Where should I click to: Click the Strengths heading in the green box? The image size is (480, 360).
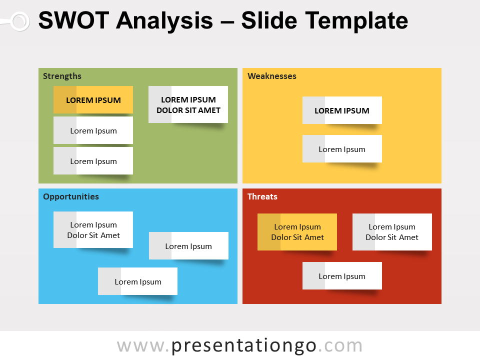[62, 76]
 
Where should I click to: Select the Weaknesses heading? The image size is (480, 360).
[272, 76]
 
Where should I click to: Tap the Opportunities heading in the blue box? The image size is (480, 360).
[71, 196]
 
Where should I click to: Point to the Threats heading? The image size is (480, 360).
[262, 196]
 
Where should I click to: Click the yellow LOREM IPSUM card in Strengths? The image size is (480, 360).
[93, 100]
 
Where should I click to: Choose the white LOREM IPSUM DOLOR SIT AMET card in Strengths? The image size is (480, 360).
[188, 105]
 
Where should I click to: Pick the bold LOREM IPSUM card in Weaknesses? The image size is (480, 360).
[342, 110]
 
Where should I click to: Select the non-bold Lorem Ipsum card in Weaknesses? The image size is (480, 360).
[342, 149]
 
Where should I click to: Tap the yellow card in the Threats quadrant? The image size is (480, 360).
[297, 232]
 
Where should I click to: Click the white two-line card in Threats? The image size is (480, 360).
[392, 232]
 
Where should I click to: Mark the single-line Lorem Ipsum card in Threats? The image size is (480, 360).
[342, 276]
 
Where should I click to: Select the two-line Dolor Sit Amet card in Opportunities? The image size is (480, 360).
[93, 230]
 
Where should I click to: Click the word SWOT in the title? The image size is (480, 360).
[73, 21]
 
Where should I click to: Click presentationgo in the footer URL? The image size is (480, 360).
[244, 346]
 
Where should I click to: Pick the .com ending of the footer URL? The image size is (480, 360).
[340, 346]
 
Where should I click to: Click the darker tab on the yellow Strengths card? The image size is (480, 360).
[65, 100]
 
